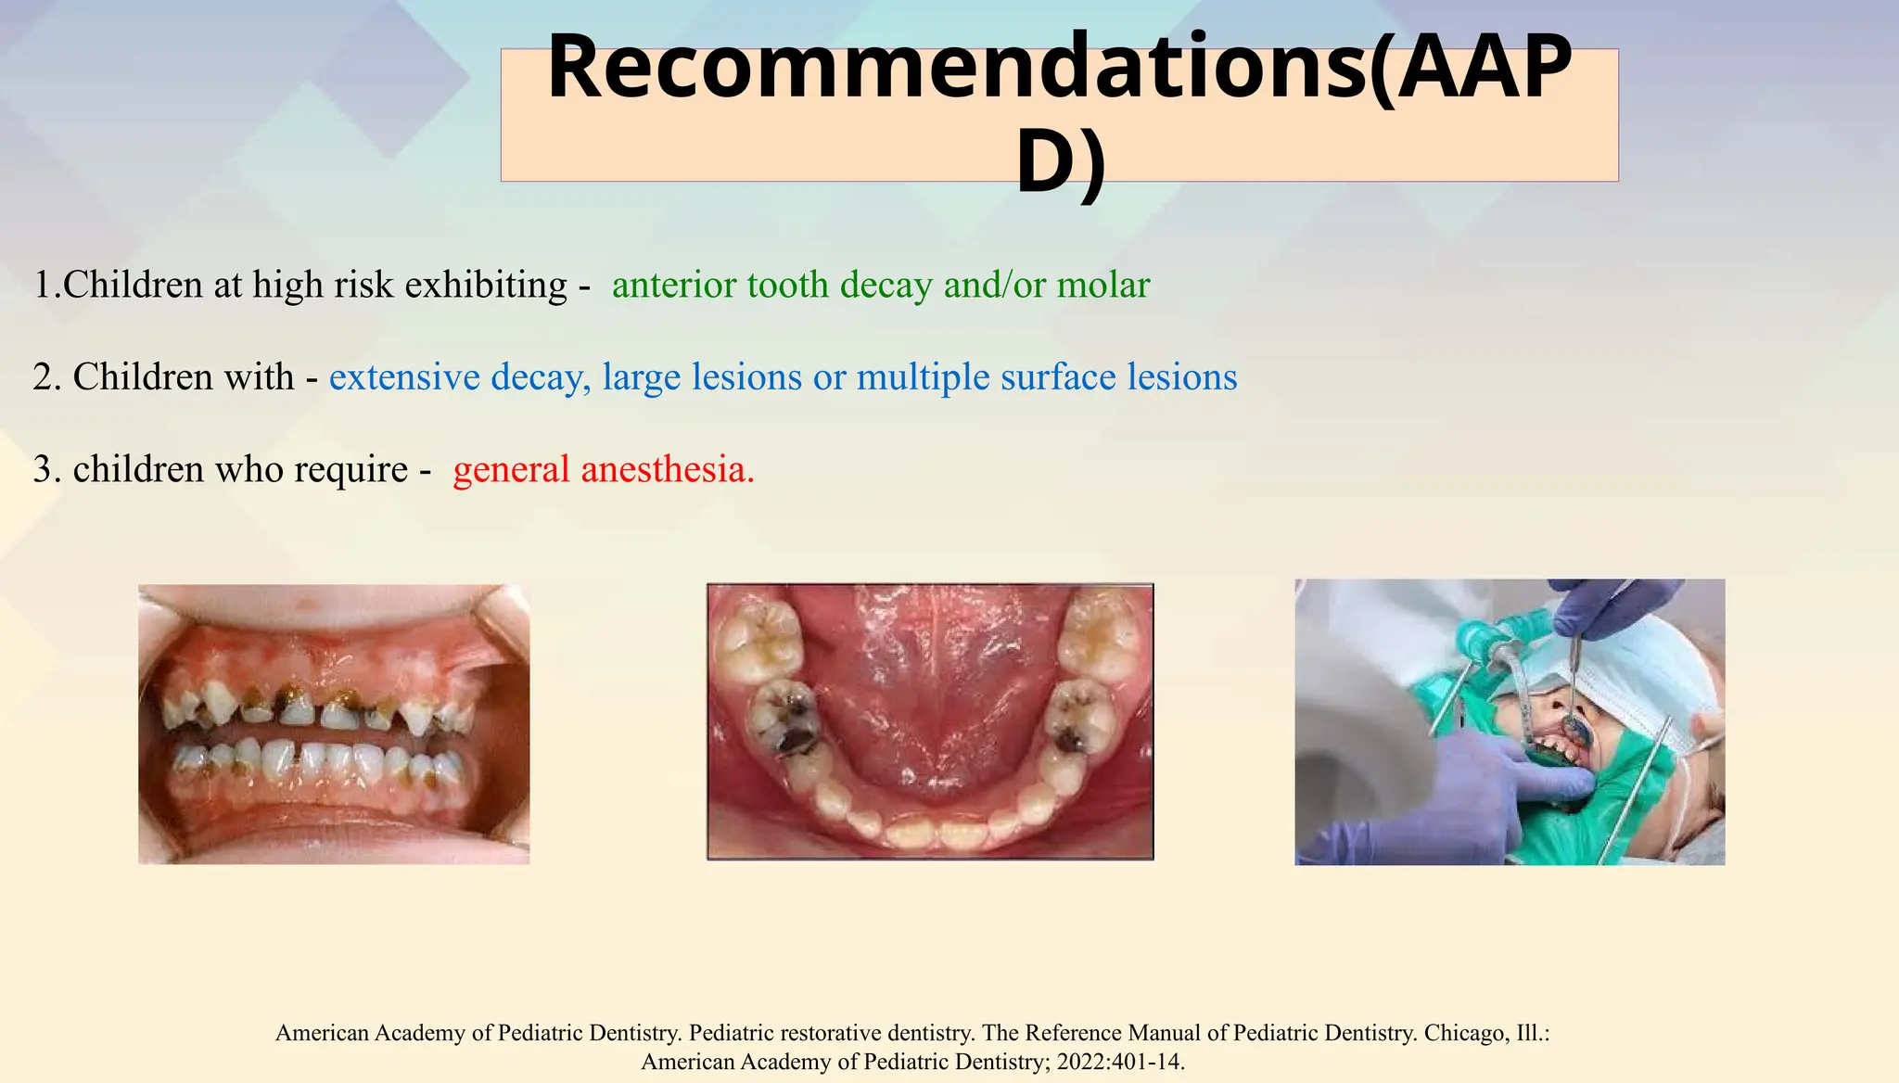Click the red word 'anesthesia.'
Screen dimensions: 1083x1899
click(668, 469)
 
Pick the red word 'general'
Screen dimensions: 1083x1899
click(511, 469)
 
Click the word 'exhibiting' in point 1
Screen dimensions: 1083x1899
click(486, 285)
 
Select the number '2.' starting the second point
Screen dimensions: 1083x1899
click(47, 377)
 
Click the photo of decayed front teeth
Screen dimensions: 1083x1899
click(334, 724)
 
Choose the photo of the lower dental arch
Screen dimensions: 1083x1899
click(930, 721)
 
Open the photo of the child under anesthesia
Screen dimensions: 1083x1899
click(1510, 721)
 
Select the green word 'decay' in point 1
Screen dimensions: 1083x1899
click(886, 285)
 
